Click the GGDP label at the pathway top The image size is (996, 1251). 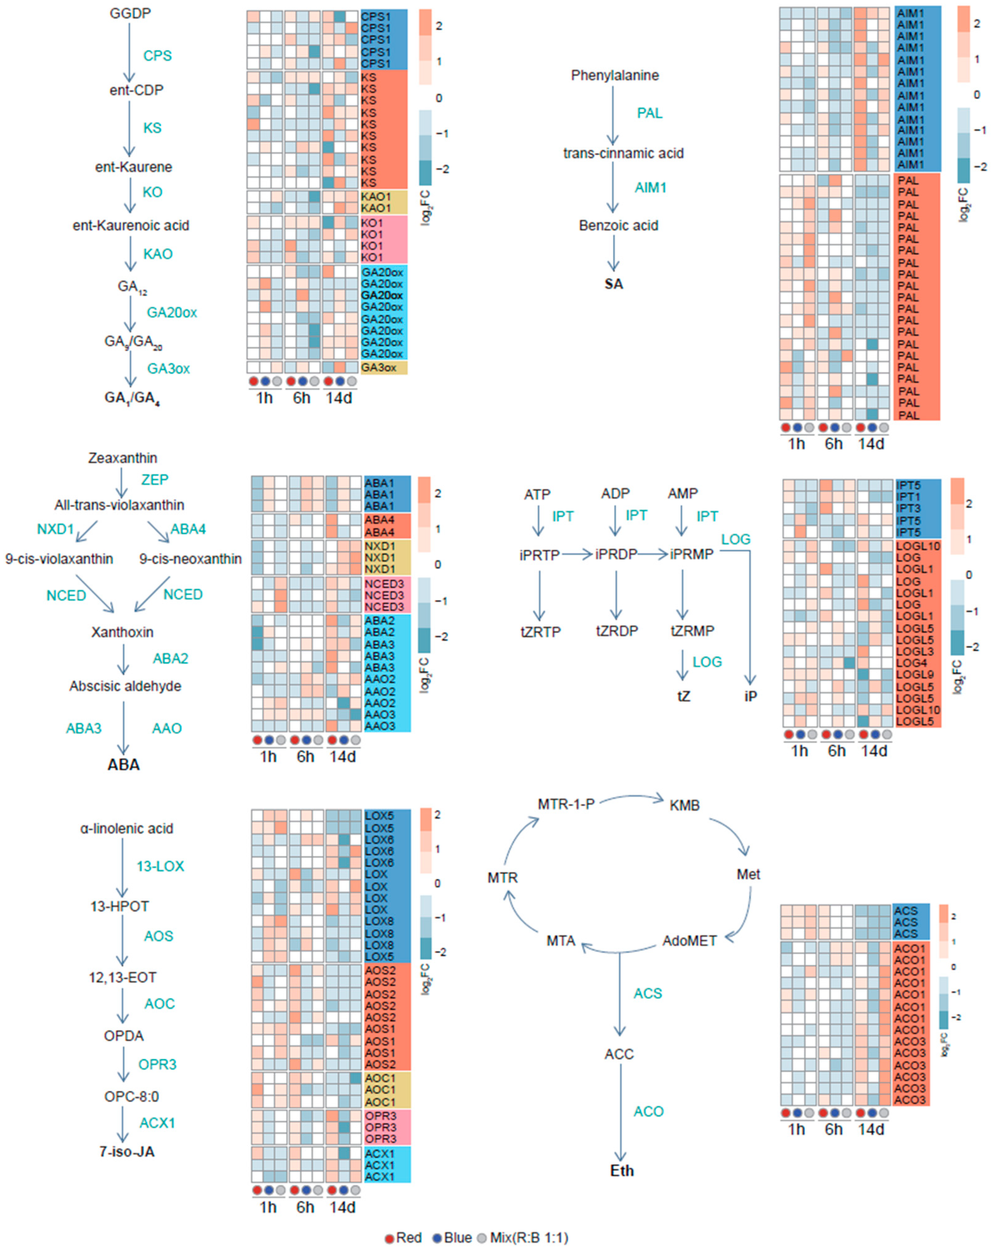click(x=130, y=13)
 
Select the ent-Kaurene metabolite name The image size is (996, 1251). click(x=133, y=167)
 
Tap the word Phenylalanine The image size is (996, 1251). click(x=615, y=75)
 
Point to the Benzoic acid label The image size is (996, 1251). click(x=618, y=226)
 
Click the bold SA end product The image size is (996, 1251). click(x=614, y=284)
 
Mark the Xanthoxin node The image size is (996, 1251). click(x=122, y=632)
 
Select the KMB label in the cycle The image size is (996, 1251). click(x=684, y=805)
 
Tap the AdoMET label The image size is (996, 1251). click(x=690, y=940)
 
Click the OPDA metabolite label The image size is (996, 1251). click(x=124, y=1036)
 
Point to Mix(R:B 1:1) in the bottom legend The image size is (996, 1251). click(x=528, y=1238)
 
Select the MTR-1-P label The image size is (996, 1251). click(x=566, y=804)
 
